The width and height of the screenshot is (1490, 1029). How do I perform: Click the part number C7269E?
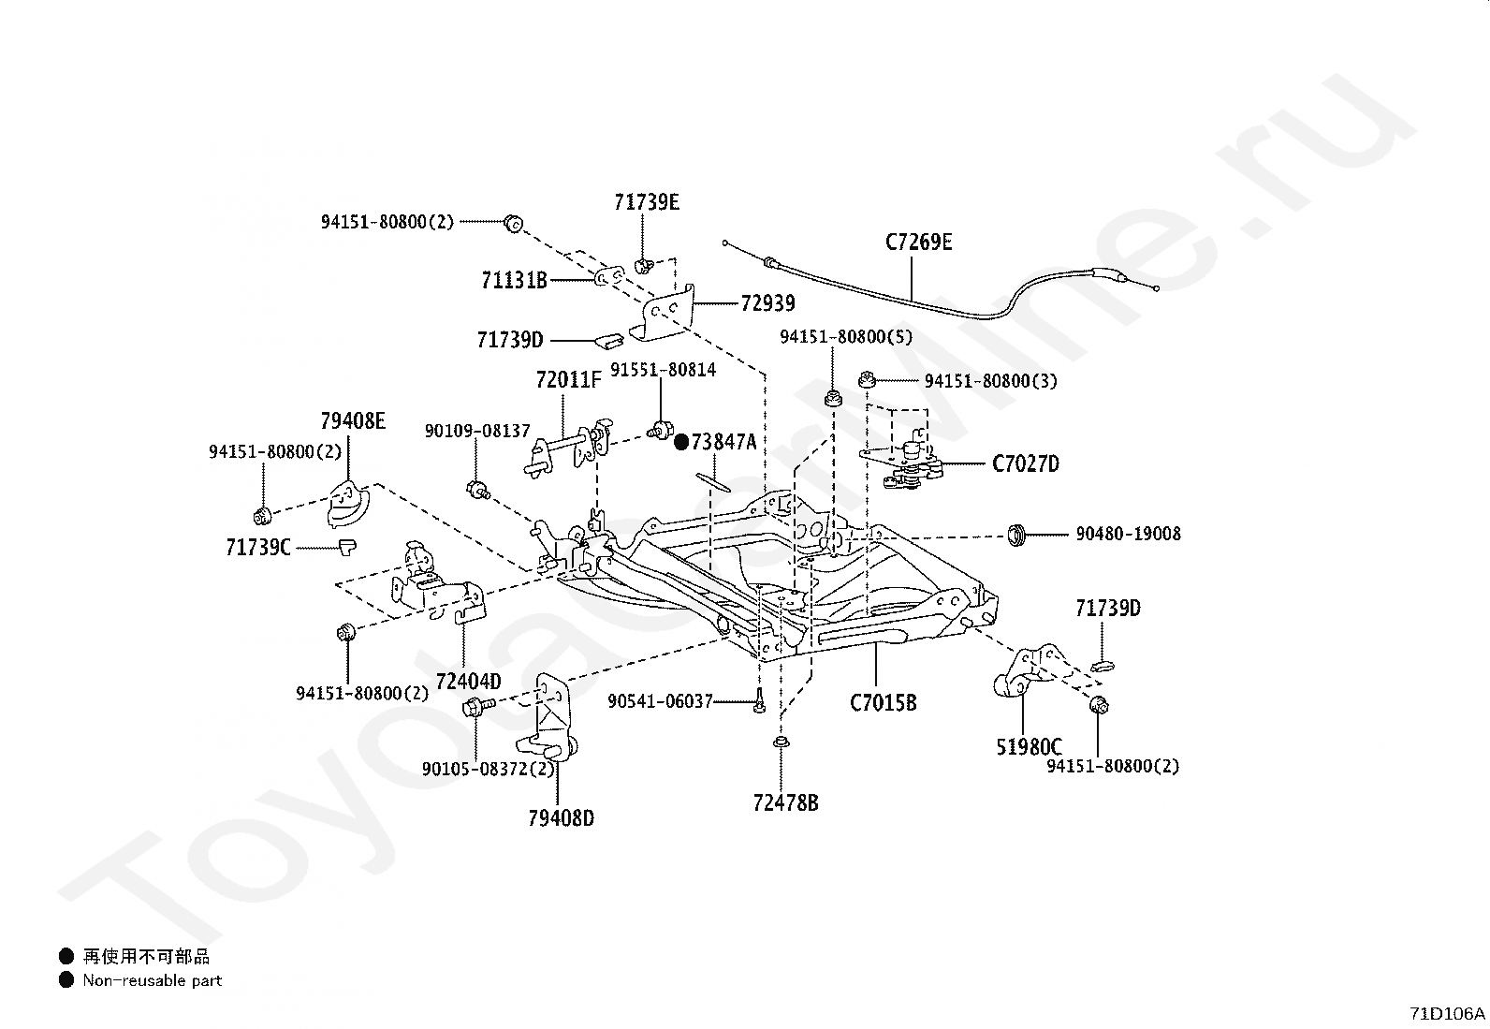point(918,242)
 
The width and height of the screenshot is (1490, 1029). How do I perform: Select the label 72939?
point(767,302)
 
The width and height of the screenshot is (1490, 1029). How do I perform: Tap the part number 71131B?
point(514,279)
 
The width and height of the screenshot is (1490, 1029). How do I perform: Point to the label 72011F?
point(568,379)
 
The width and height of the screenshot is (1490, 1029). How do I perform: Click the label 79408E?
point(352,420)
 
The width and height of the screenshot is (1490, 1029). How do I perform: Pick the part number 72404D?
point(468,680)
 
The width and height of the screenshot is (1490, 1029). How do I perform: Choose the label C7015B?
point(883,701)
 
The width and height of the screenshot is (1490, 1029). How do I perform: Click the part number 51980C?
point(1029,746)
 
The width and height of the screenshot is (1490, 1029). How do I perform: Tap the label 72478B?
point(785,802)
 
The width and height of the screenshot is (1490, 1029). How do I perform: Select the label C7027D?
point(1026,463)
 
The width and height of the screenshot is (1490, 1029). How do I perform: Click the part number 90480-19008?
point(1128,534)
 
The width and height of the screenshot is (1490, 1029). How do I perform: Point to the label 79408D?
point(561,817)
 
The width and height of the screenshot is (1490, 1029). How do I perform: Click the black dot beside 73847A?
point(681,441)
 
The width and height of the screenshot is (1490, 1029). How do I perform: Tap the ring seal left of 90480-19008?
point(1016,536)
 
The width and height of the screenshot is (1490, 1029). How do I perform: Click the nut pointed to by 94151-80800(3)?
point(867,379)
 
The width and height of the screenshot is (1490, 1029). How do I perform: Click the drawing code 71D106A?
point(1447,1013)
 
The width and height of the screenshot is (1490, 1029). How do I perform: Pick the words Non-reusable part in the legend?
point(153,980)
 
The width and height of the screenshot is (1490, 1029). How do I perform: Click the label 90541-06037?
point(660,700)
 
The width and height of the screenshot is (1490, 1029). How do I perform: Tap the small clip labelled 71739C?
point(347,545)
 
